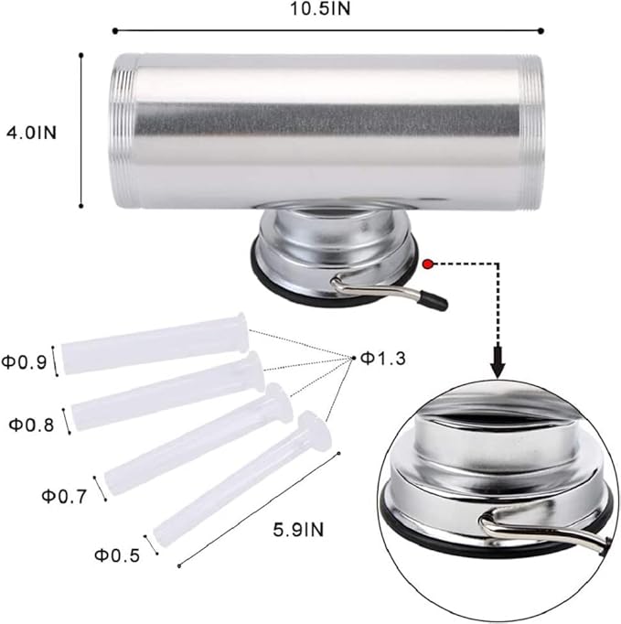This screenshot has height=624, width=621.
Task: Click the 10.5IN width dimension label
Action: (x=320, y=9)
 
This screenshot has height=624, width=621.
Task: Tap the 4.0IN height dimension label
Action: (x=32, y=133)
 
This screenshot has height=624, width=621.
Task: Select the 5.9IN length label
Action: (x=298, y=530)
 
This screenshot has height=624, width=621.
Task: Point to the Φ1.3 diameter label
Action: (x=383, y=359)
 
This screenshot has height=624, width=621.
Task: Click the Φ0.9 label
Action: (x=24, y=362)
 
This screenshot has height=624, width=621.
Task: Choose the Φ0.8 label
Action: (x=31, y=425)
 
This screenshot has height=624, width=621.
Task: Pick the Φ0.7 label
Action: (x=64, y=496)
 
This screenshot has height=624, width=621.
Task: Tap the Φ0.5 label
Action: (x=117, y=555)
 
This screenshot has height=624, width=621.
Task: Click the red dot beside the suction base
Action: (x=428, y=264)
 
